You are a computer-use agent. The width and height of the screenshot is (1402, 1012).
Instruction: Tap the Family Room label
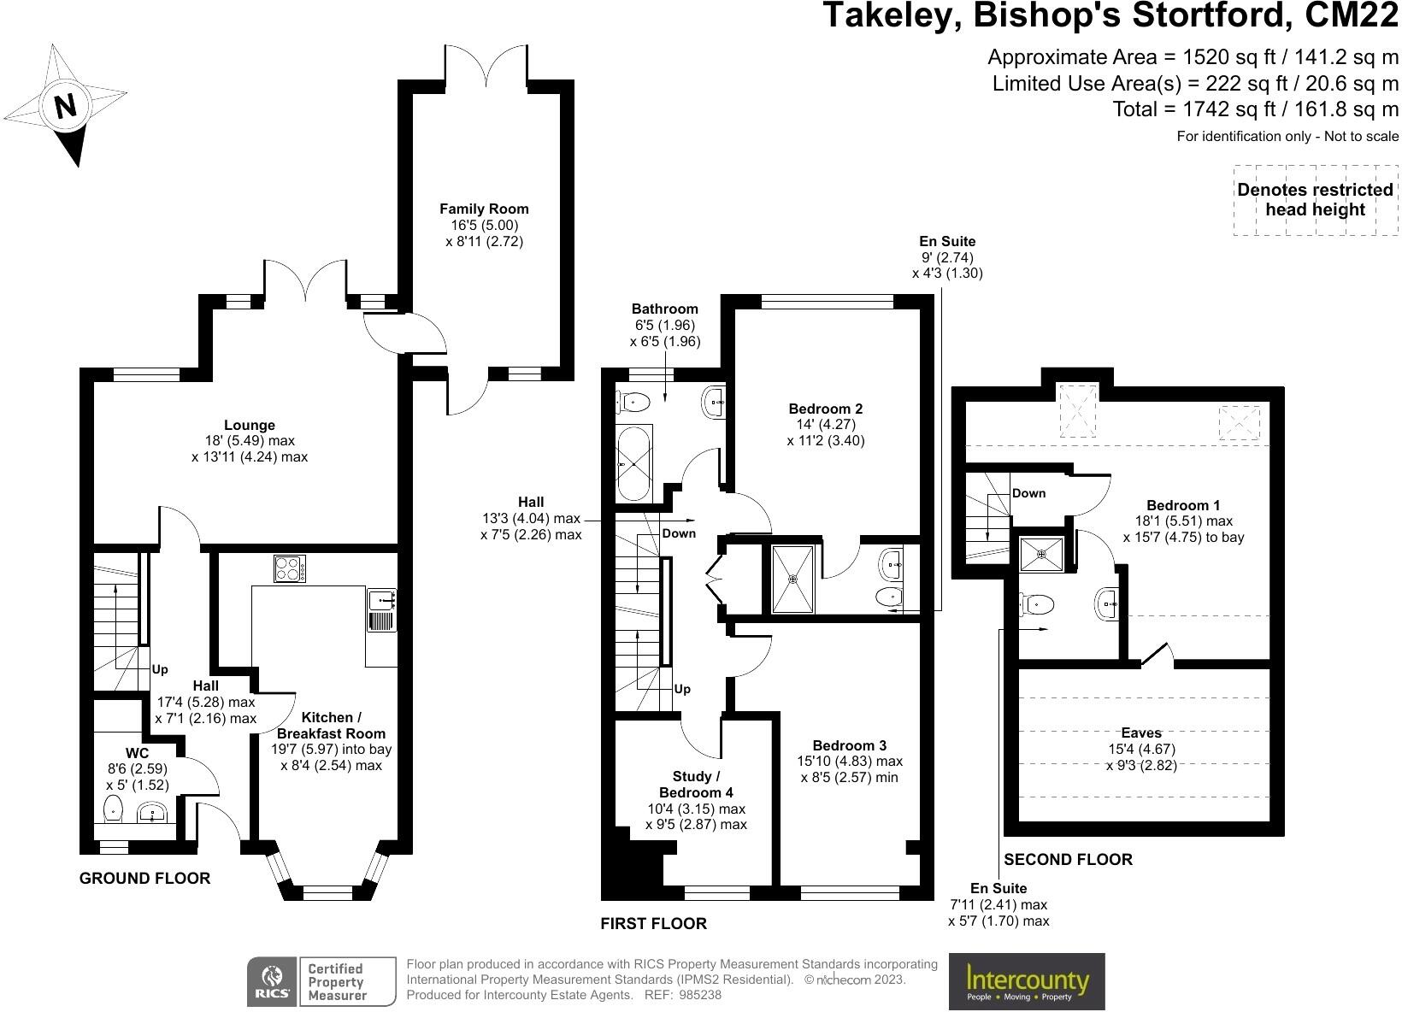coord(484,209)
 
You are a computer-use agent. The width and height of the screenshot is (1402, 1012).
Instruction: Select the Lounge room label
coord(250,425)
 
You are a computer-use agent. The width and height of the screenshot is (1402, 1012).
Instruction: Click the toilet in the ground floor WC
coord(113,808)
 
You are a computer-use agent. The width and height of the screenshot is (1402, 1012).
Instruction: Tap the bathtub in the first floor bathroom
coord(633,465)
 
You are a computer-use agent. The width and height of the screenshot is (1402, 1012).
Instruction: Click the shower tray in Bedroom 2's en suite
coord(793,580)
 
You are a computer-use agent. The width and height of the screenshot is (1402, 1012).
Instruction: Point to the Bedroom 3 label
coord(843,745)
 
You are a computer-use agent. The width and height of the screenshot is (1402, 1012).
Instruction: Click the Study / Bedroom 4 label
coord(696,785)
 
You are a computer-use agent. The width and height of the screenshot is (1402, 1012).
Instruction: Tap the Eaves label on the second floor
coord(1141,733)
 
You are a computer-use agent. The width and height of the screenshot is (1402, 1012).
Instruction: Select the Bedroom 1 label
coord(1183,504)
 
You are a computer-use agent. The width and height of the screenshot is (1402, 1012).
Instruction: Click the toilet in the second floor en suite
coord(1036,604)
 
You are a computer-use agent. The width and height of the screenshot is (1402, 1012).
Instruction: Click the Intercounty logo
coord(1027,981)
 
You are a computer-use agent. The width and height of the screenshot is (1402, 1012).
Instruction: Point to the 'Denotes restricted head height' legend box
coord(1315,200)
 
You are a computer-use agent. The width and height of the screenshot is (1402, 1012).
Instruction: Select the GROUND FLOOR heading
coord(144,878)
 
